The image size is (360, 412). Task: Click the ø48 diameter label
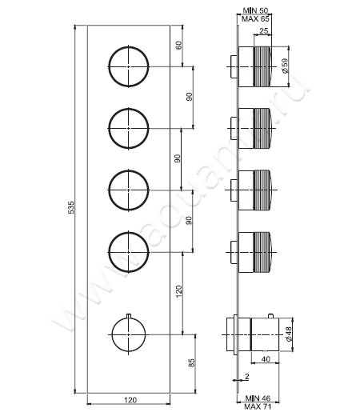pos(286,330)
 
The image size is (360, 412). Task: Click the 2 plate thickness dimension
pos(248,376)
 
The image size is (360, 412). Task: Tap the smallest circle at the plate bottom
pos(128,331)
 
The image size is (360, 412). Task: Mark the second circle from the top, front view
pos(128,128)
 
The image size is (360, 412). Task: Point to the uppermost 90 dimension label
pos(189,97)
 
